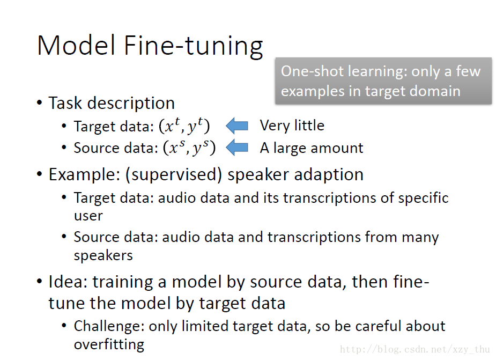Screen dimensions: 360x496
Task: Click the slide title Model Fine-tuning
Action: pos(150,46)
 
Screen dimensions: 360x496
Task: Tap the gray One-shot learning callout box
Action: pos(383,81)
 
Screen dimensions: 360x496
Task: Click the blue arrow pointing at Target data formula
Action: pos(237,126)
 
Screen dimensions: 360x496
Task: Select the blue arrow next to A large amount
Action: pos(237,148)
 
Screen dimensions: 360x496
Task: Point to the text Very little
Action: pos(292,126)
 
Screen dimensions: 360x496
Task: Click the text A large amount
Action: pos(311,148)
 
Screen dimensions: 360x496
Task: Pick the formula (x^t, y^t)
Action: pos(184,127)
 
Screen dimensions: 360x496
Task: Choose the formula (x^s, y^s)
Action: pos(189,148)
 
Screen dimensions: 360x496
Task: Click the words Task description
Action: pos(112,102)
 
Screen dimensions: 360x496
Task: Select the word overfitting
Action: pos(109,344)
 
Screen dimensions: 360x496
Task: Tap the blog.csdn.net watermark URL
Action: pos(416,350)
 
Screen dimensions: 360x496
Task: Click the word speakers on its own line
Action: pos(103,255)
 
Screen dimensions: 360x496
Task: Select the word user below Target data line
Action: pos(88,216)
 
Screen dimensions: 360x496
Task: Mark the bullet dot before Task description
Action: pos(40,103)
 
